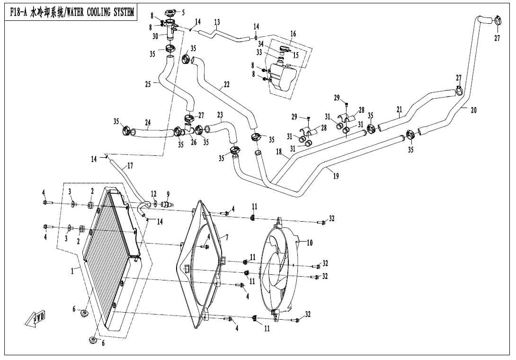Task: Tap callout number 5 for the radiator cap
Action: pyautogui.click(x=183, y=12)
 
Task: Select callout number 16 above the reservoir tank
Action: pyautogui.click(x=293, y=34)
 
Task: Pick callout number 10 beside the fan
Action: pyautogui.click(x=310, y=243)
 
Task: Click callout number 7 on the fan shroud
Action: pyautogui.click(x=227, y=237)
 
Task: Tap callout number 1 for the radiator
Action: pyautogui.click(x=72, y=271)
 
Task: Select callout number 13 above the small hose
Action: pyautogui.click(x=217, y=22)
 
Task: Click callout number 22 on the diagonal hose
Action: pyautogui.click(x=227, y=85)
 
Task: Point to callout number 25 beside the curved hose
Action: pyautogui.click(x=148, y=84)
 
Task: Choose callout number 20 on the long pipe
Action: pyautogui.click(x=473, y=110)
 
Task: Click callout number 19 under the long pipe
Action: pyautogui.click(x=336, y=176)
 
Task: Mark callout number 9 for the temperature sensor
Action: pyautogui.click(x=168, y=194)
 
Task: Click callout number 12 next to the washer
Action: pyautogui.click(x=153, y=194)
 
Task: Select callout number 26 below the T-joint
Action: pyautogui.click(x=194, y=142)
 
